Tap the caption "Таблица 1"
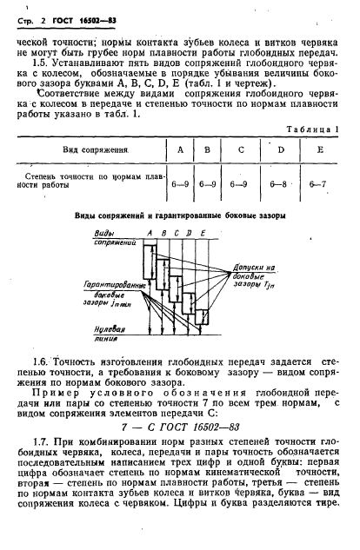coord(313,129)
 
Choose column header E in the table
coord(320,149)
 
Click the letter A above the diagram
coord(151,234)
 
